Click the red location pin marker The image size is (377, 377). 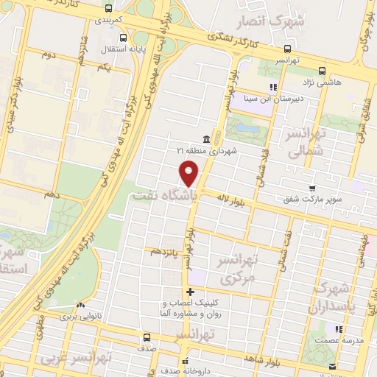click(189, 174)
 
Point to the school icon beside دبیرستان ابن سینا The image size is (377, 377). click(272, 86)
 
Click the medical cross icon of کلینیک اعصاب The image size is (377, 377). click(191, 292)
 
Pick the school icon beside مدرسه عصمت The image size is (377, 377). click(338, 329)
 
